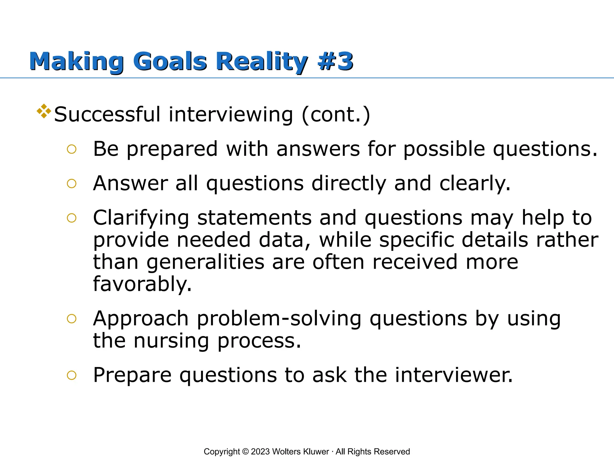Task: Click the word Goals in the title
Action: pyautogui.click(x=170, y=62)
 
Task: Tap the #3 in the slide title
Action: pyautogui.click(x=336, y=62)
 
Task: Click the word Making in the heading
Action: pyautogui.click(x=76, y=62)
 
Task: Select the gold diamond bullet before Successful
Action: pyautogui.click(x=44, y=111)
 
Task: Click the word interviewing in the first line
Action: pyautogui.click(x=231, y=115)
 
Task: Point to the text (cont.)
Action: pyautogui.click(x=336, y=115)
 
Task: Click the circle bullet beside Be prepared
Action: pyautogui.click(x=72, y=149)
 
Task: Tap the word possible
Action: pyautogui.click(x=444, y=149)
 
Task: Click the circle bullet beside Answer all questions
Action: pyautogui.click(x=72, y=183)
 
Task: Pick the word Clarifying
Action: pyautogui.click(x=141, y=218)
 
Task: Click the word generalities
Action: pyautogui.click(x=205, y=262)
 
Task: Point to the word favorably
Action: pyautogui.click(x=142, y=284)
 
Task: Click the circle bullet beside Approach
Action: pyautogui.click(x=72, y=319)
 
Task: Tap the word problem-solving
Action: pyautogui.click(x=279, y=319)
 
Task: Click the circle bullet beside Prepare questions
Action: pyautogui.click(x=72, y=375)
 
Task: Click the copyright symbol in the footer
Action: pyautogui.click(x=245, y=452)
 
